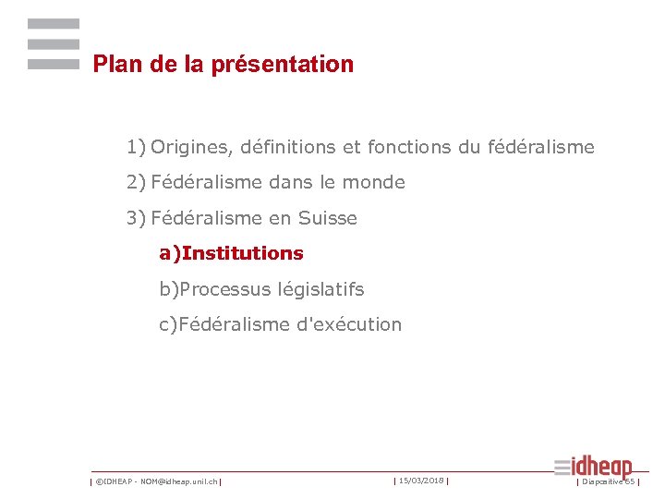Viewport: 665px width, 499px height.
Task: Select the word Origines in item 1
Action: pos(190,147)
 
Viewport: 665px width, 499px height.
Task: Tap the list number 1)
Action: pos(137,147)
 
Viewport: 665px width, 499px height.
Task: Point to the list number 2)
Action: pos(137,183)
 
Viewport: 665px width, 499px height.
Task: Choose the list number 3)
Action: pos(137,219)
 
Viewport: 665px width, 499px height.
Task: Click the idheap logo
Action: pos(594,467)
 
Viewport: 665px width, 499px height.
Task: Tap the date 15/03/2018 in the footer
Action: pos(422,481)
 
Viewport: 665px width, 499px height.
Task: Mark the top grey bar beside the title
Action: pos(54,23)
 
